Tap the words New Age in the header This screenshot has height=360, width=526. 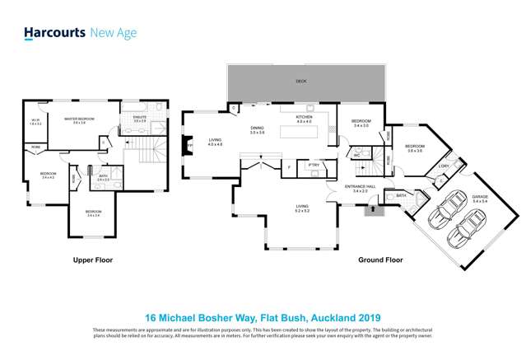click(113, 34)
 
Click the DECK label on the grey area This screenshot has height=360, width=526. click(302, 82)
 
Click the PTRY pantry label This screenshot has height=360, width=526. click(314, 165)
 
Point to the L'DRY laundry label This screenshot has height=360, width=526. click(443, 166)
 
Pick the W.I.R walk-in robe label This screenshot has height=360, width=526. click(35, 121)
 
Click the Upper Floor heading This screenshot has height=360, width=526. click(91, 259)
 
